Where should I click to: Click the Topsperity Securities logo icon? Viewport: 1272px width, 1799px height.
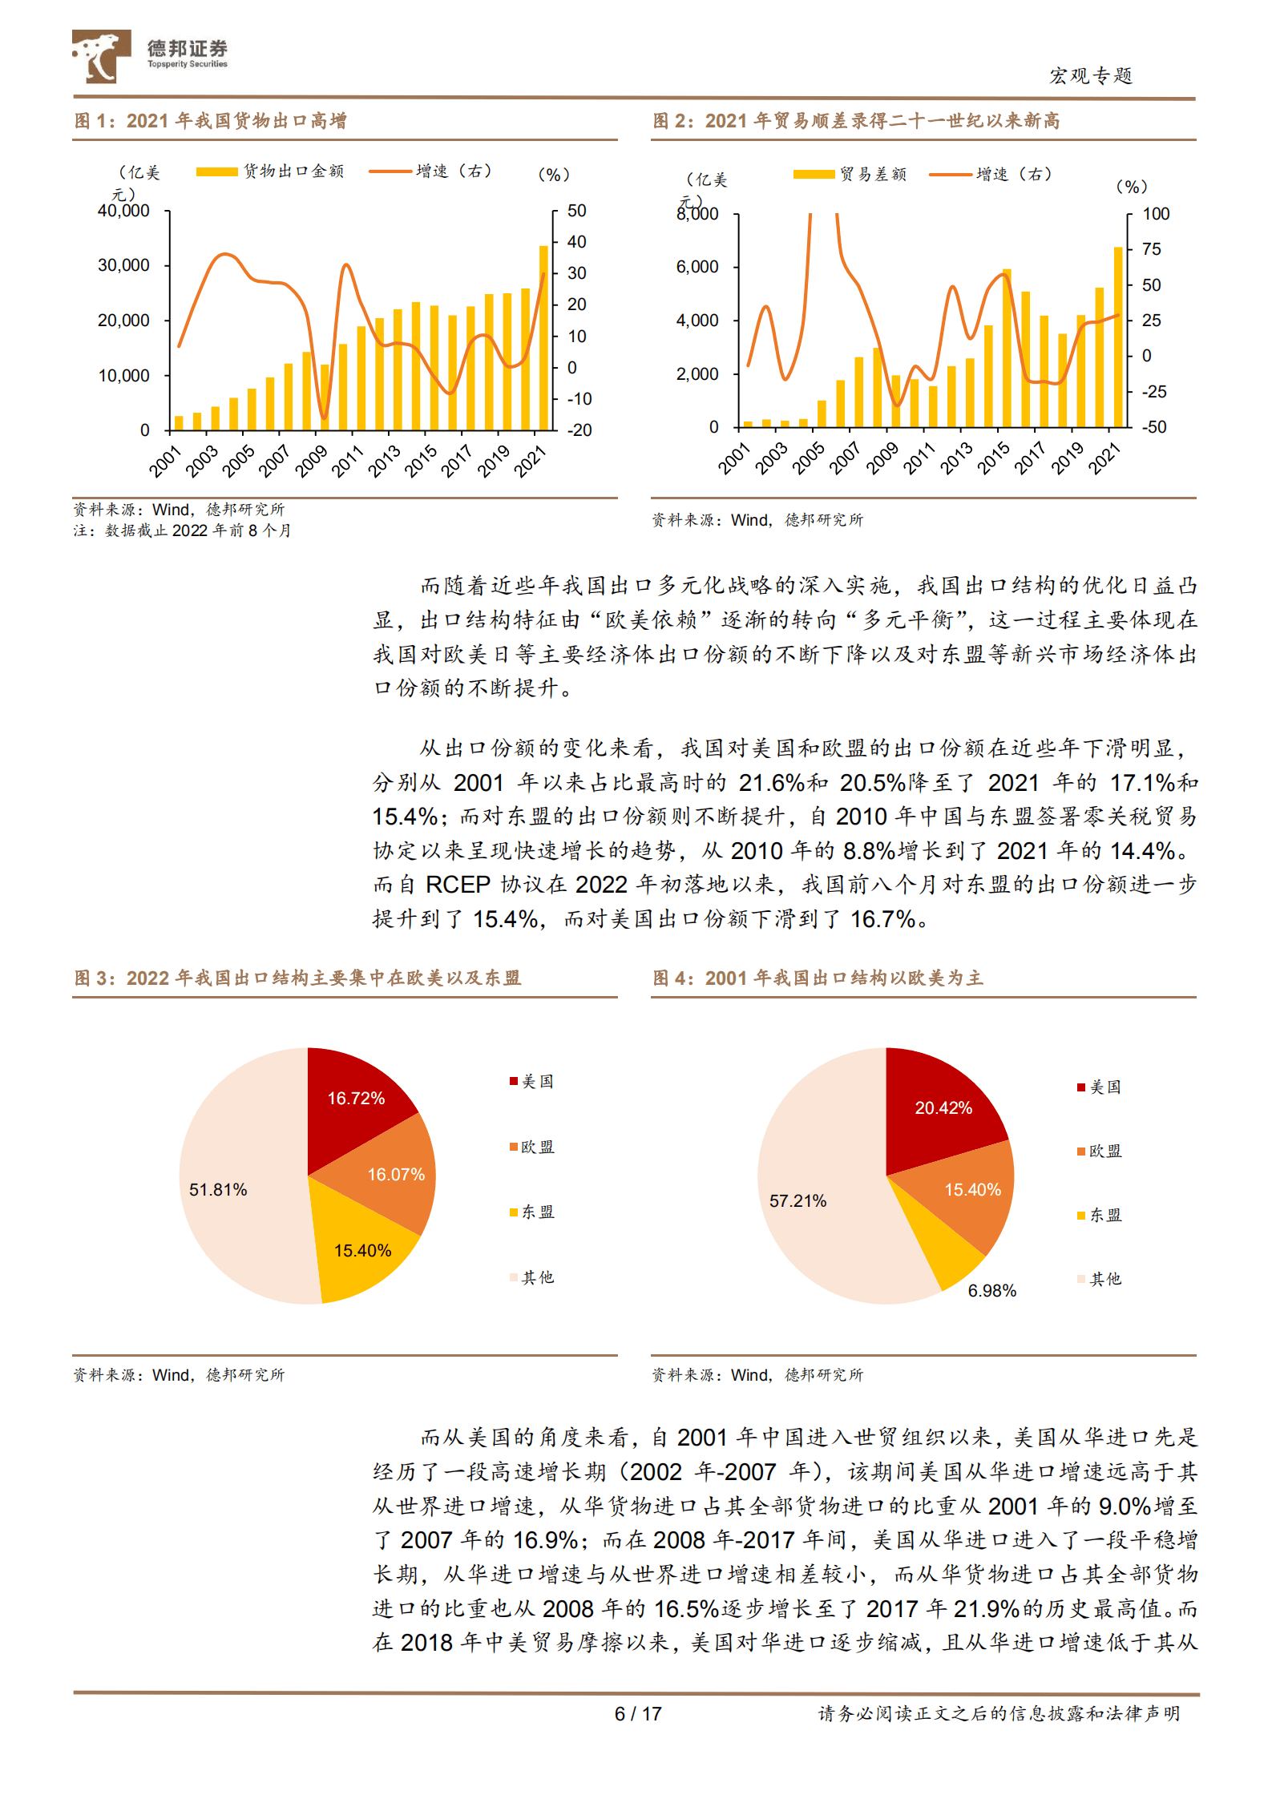[101, 56]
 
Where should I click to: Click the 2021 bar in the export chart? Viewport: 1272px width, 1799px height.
[543, 338]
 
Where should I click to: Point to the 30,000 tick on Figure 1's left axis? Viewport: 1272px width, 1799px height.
[123, 265]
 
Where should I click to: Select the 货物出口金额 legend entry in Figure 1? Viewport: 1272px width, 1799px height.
[270, 171]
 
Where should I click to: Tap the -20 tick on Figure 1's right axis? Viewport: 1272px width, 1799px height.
[579, 430]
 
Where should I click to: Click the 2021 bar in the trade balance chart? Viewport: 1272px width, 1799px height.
[1118, 337]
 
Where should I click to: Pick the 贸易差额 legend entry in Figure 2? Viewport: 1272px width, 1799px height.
[850, 174]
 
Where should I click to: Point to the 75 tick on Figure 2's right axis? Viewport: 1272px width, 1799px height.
[1151, 249]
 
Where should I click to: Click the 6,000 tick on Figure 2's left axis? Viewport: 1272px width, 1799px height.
[697, 267]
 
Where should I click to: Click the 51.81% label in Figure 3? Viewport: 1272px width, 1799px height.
[218, 1190]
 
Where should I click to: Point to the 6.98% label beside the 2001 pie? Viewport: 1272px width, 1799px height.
[991, 1291]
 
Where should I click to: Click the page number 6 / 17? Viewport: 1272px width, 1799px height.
[638, 1714]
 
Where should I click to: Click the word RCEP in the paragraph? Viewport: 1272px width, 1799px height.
[457, 885]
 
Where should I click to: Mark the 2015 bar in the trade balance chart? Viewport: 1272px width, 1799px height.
[1007, 348]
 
